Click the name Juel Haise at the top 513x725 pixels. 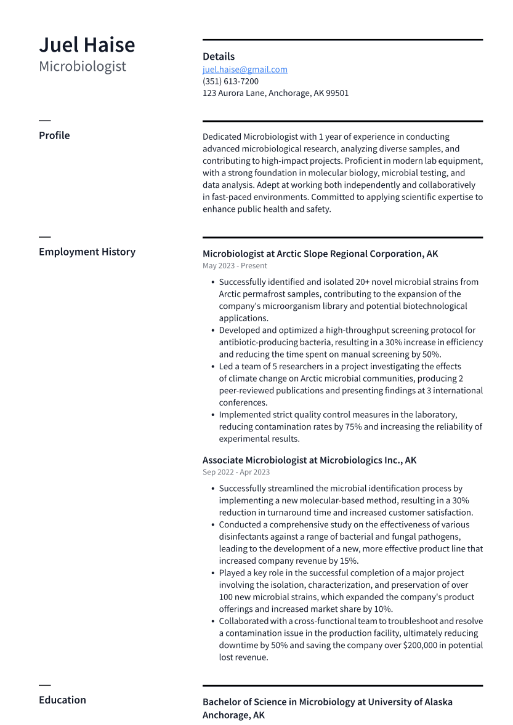tap(87, 45)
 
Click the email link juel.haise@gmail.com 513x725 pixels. tap(244, 70)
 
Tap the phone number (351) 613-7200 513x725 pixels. tap(230, 81)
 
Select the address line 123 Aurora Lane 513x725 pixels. tap(275, 94)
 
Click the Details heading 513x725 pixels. tap(219, 57)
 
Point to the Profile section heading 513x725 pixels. tap(54, 135)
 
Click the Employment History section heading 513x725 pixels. tap(87, 252)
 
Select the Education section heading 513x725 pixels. tap(62, 700)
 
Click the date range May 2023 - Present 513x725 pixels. tap(235, 266)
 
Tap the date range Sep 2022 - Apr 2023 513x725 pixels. tap(236, 472)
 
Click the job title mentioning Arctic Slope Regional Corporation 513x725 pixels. tap(320, 254)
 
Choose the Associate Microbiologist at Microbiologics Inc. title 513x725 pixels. tap(309, 460)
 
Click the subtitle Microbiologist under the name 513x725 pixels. tap(83, 66)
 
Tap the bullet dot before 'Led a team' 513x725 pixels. tap(212, 366)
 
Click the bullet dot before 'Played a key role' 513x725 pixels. tap(212, 573)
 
